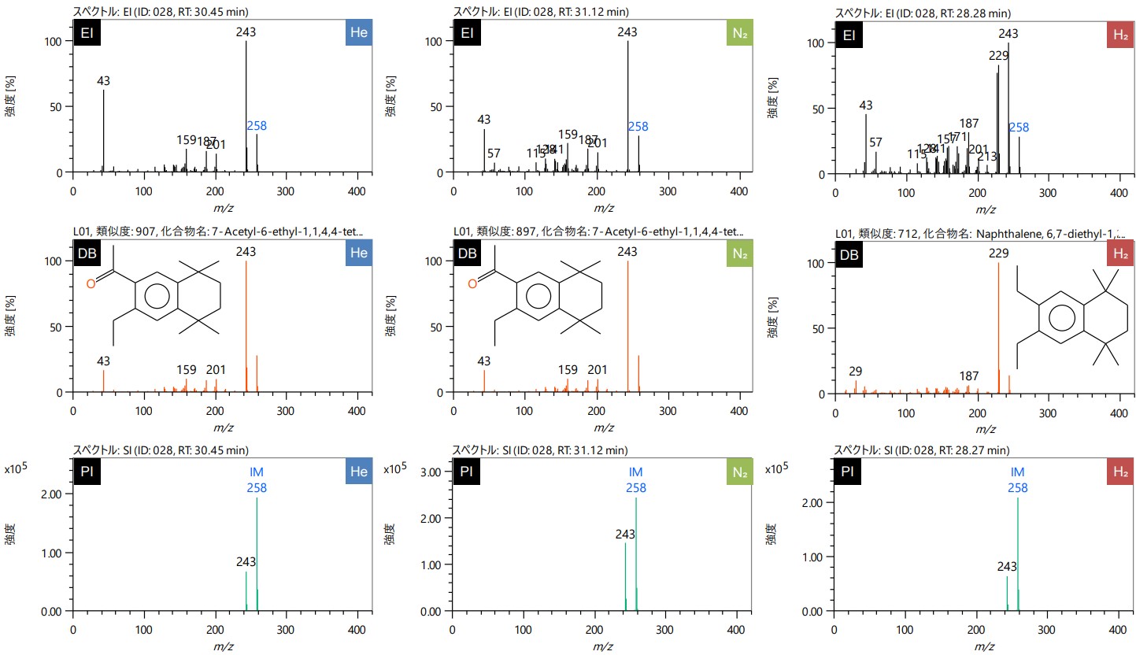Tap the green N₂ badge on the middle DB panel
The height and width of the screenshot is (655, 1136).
coord(738,254)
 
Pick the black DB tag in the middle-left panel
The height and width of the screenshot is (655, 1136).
coord(88,254)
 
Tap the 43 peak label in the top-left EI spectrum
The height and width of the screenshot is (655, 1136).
coord(104,81)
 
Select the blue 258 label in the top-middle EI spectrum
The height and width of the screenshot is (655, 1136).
coord(638,126)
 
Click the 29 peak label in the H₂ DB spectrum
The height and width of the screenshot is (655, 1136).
coord(856,371)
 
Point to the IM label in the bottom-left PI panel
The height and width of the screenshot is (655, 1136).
coord(257,473)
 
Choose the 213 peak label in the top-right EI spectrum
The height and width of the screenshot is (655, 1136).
coord(987,156)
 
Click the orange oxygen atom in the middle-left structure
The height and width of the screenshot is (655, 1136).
coord(91,283)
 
